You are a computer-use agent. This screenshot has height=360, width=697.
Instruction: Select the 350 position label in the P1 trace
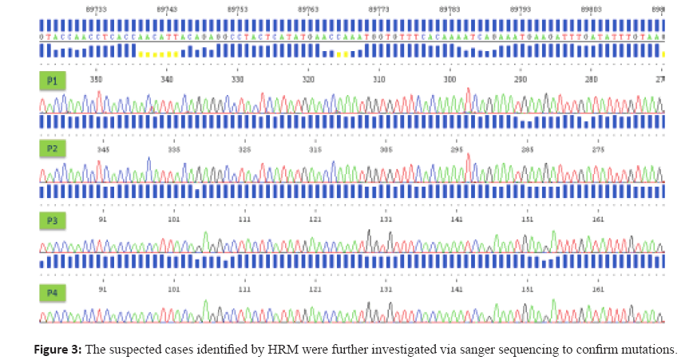click(96, 80)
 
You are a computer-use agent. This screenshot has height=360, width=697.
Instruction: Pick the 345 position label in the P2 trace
click(103, 149)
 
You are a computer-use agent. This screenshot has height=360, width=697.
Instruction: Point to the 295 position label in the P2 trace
click(457, 149)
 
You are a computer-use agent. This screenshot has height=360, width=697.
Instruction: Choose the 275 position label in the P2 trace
click(598, 149)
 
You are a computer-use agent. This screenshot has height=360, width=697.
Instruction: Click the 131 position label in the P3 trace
click(386, 219)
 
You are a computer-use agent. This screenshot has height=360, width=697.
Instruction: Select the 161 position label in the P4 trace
click(598, 289)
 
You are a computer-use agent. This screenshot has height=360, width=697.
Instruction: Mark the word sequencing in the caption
click(516, 349)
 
